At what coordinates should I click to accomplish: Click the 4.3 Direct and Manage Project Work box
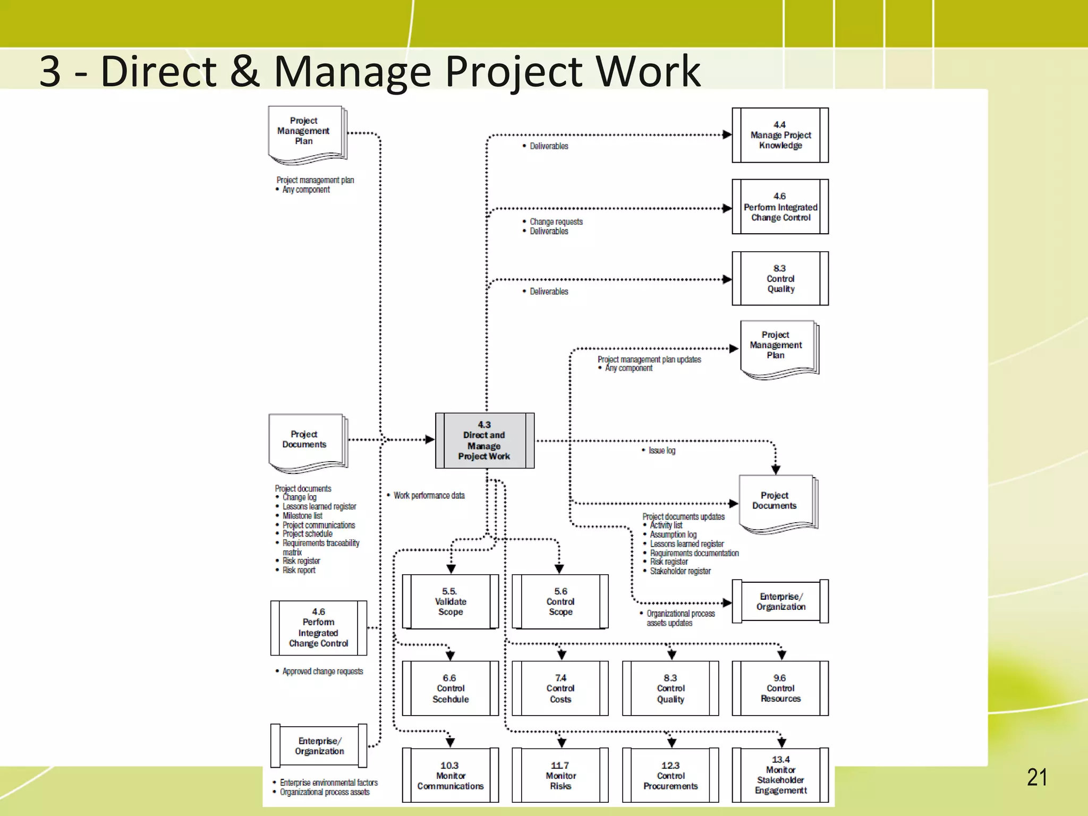pos(484,440)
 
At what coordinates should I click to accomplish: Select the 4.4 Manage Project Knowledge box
pos(780,135)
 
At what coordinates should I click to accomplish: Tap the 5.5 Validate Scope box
pos(450,601)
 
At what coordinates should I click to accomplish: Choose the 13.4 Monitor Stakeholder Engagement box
pos(780,775)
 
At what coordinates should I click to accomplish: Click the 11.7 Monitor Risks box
pos(560,775)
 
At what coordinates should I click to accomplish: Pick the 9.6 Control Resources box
pos(780,688)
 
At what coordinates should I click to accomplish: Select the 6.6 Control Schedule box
pos(450,688)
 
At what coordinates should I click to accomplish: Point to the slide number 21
pos(1036,777)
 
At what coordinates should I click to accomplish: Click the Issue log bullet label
pos(661,450)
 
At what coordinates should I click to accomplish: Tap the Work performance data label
pos(429,495)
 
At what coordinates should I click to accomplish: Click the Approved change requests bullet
pos(322,671)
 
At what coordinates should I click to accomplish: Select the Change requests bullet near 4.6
pos(556,222)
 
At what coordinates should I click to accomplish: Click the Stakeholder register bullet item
pos(680,571)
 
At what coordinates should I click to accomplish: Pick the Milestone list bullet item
pos(302,515)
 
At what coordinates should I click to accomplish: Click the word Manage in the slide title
pos(352,72)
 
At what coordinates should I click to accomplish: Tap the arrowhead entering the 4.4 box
pos(727,135)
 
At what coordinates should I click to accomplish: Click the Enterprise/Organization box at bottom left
pos(319,746)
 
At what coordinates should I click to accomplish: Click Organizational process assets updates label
pos(680,618)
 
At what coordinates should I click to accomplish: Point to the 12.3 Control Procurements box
pos(670,775)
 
